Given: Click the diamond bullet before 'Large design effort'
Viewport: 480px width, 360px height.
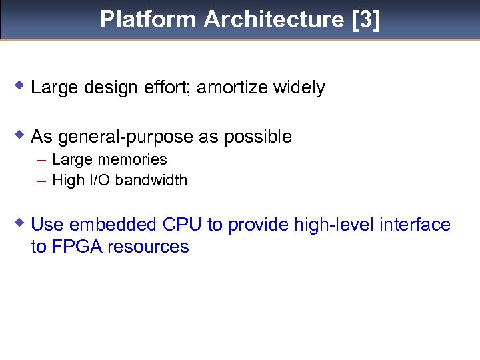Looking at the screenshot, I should (21, 85).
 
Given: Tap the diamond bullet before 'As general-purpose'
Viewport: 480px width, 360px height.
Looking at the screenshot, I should (21, 135).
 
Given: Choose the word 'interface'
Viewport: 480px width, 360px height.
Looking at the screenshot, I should (415, 225).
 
